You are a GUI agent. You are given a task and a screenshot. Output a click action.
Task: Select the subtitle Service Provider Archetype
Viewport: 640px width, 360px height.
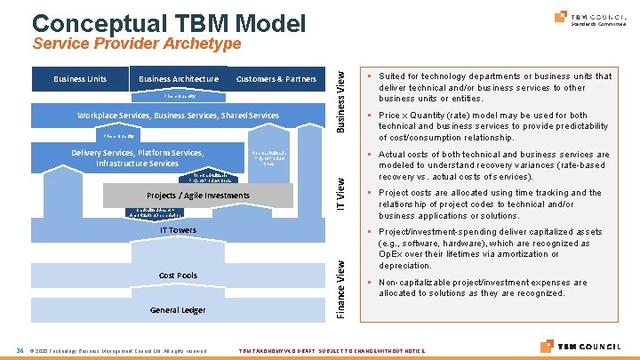point(136,44)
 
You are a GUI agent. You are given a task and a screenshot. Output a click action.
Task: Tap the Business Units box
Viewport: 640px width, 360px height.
point(80,79)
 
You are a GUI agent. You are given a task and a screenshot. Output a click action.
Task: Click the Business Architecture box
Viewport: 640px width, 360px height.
point(179,79)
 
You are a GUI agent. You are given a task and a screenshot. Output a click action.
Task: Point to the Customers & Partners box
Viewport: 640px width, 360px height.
point(276,79)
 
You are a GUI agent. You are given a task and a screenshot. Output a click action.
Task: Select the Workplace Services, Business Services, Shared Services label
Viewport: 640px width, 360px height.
point(178,116)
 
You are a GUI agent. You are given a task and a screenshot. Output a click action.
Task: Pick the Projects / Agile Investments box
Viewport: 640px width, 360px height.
point(196,195)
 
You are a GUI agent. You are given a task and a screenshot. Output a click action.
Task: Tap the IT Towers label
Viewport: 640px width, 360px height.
point(179,230)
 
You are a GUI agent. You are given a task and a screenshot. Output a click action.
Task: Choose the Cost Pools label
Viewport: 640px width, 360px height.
point(178,275)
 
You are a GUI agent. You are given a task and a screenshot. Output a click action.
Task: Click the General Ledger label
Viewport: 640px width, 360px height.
point(178,309)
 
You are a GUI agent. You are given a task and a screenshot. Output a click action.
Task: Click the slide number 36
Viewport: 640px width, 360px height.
point(19,349)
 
